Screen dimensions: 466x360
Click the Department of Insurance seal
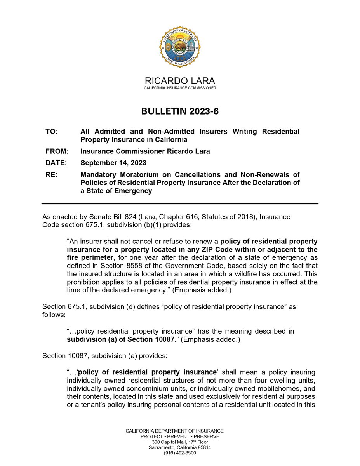coord(180,47)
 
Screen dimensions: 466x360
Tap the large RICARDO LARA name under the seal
coord(180,81)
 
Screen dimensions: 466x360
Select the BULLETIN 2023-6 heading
coord(180,111)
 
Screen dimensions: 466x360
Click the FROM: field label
coord(57,151)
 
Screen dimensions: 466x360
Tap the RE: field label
coord(51,175)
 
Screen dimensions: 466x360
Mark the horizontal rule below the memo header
coord(180,204)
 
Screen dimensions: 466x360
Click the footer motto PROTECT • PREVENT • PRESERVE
coord(180,436)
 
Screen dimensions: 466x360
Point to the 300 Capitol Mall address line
coord(180,442)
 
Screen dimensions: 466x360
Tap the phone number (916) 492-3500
coord(180,453)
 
